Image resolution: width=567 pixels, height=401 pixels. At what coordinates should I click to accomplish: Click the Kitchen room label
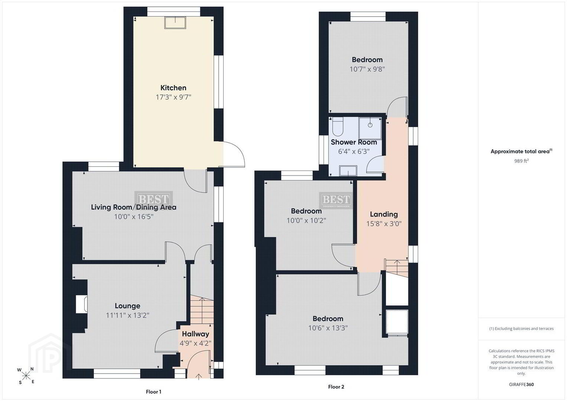(x=173, y=88)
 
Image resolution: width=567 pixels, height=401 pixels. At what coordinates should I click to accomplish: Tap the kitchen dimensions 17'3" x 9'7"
(x=173, y=97)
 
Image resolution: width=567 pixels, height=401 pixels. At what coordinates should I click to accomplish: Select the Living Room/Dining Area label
(x=134, y=207)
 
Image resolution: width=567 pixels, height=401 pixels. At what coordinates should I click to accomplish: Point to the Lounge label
(x=127, y=306)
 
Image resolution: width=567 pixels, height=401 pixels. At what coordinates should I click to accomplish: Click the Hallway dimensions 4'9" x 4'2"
(x=195, y=343)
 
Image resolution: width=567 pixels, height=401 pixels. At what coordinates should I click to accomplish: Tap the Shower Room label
(x=354, y=142)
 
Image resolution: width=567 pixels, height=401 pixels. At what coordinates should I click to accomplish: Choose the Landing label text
(x=384, y=215)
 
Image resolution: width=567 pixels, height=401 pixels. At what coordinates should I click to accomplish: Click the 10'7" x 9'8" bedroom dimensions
(x=367, y=69)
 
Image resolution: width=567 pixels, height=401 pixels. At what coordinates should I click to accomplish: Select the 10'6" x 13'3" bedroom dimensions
(x=328, y=328)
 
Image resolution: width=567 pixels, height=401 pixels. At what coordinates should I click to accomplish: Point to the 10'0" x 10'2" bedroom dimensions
(x=306, y=221)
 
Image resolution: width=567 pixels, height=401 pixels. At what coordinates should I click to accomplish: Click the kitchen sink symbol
(x=175, y=23)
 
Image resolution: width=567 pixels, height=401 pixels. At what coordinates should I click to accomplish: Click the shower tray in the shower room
(x=370, y=128)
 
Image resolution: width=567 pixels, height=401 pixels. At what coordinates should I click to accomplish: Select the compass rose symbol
(x=26, y=376)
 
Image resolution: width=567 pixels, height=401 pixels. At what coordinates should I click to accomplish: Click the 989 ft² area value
(x=521, y=161)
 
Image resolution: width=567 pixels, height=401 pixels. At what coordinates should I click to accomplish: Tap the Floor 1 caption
(x=153, y=392)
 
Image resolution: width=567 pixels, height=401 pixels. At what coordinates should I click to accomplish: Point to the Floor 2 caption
(x=336, y=387)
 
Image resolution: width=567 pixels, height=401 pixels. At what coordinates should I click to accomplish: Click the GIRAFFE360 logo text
(x=521, y=384)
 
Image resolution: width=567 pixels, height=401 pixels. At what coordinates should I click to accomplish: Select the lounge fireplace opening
(x=82, y=304)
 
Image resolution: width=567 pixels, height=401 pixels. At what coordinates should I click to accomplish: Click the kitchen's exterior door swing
(x=234, y=154)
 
